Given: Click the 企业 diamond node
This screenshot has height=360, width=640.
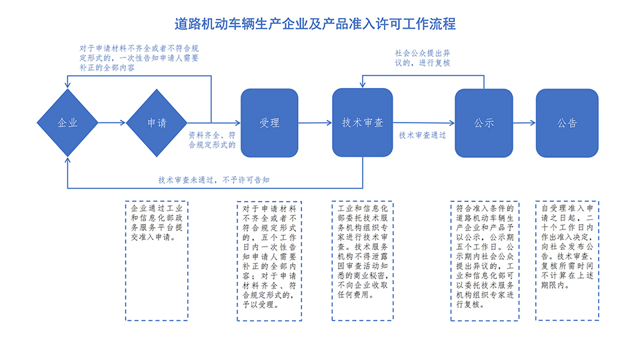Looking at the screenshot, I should [68, 123].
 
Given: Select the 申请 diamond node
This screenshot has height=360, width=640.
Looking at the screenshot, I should [157, 123].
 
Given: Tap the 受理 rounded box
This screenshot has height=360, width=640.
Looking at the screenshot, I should [269, 123].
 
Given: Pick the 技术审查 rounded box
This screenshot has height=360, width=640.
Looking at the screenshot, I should [362, 123].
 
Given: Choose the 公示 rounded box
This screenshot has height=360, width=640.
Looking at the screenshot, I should [483, 123].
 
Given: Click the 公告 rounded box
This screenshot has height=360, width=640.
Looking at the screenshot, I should [567, 123].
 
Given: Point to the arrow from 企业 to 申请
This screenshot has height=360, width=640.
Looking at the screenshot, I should [112, 123].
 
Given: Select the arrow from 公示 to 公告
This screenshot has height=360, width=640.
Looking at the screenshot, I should [524, 123].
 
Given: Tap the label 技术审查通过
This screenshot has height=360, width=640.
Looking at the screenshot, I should [423, 135].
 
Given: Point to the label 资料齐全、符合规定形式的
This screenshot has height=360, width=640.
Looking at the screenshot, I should [212, 139].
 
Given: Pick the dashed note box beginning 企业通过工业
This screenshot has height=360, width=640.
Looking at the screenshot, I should [156, 260].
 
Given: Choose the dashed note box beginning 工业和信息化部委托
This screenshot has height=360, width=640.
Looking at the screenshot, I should [362, 260].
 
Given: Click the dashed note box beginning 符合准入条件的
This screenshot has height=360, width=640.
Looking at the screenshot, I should [485, 260].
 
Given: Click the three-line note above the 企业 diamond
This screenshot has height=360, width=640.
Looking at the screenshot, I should [139, 58].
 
